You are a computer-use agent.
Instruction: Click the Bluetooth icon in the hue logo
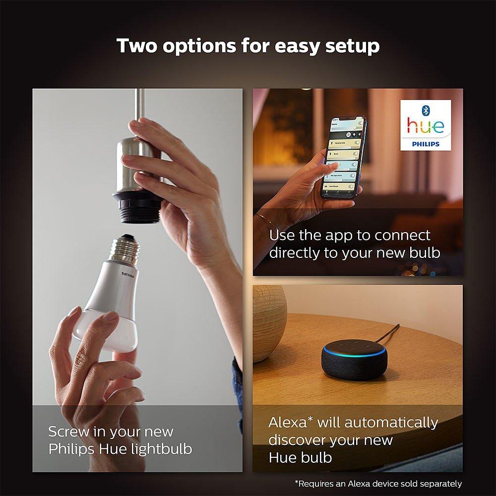[425, 109]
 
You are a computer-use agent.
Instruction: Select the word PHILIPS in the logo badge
[426, 143]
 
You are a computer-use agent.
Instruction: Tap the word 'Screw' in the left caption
[70, 432]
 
